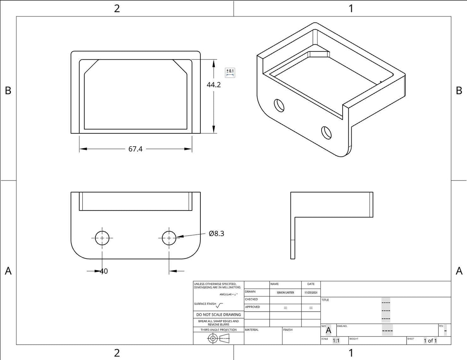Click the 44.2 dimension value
pos(214,85)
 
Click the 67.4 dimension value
pos(135,149)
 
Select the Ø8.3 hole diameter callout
pos(217,233)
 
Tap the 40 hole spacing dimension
pos(104,271)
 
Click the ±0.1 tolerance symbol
pos(230,73)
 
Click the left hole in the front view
pos(102,238)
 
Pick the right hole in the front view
pos(169,238)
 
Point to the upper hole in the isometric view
pos(279,105)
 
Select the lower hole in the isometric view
pos(326,132)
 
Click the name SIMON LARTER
pos(285,293)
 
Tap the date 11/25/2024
pos(311,293)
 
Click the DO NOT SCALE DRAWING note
pos(218,314)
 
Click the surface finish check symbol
pos(219,305)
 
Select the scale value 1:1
pos(336,341)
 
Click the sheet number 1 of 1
pos(430,341)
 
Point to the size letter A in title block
pos(329,330)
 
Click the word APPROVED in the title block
pos(252,307)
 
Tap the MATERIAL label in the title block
pos(252,330)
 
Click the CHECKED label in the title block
pos(251,299)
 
